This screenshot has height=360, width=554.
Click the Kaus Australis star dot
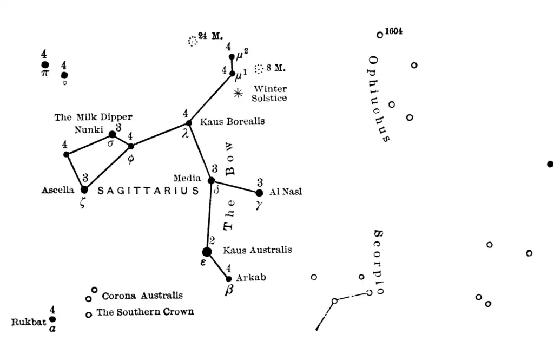click(x=207, y=252)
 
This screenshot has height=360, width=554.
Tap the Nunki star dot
click(x=112, y=134)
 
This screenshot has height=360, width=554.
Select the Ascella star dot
click(x=84, y=189)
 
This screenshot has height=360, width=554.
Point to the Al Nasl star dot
click(x=259, y=193)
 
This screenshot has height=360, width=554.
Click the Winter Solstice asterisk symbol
click(x=238, y=93)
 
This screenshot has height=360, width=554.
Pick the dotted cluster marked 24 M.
click(x=193, y=41)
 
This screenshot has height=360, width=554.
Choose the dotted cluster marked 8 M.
click(x=259, y=69)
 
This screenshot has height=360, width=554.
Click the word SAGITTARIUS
click(x=148, y=191)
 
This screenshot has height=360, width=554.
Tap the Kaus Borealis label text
click(x=232, y=122)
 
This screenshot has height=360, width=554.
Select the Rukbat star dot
click(x=52, y=319)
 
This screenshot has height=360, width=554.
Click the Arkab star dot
click(x=229, y=279)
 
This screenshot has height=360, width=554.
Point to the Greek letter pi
click(x=44, y=74)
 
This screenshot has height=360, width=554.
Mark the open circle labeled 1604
click(x=380, y=35)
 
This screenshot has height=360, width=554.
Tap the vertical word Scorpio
click(x=379, y=262)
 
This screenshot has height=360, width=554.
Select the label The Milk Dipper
click(x=93, y=117)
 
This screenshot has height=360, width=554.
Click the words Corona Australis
click(x=142, y=296)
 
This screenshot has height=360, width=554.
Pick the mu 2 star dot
click(x=232, y=57)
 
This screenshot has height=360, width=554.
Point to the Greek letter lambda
click(x=186, y=133)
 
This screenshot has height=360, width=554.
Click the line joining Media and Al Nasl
click(x=235, y=186)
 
